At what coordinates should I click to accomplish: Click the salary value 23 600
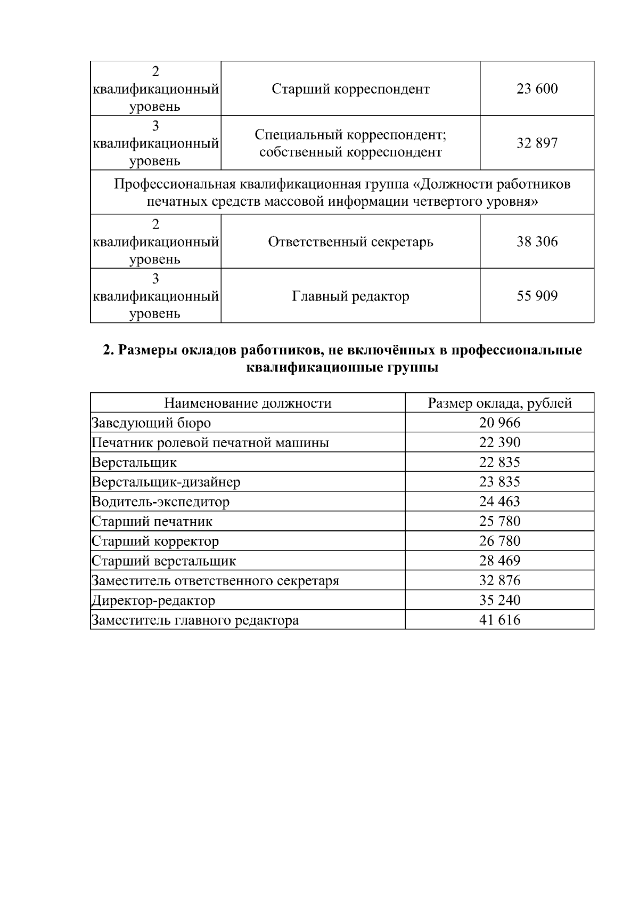click(537, 88)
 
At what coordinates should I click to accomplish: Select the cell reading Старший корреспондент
click(350, 88)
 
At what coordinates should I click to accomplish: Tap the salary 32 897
click(537, 143)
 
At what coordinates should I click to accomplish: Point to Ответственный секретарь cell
click(350, 242)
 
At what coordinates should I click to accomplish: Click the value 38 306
click(537, 242)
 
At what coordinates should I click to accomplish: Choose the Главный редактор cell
click(350, 296)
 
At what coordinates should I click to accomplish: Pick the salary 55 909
click(537, 296)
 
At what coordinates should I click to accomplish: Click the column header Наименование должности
click(248, 403)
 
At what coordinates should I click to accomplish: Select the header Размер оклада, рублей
click(499, 403)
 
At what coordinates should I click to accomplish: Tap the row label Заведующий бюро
click(151, 423)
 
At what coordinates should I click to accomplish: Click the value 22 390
click(499, 442)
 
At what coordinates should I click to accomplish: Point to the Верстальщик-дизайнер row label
click(166, 482)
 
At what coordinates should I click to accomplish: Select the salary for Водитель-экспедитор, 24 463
click(499, 502)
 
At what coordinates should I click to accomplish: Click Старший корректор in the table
click(155, 542)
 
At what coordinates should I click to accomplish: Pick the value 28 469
click(499, 561)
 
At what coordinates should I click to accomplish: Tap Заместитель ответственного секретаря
click(215, 581)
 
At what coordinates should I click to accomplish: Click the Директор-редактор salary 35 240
click(499, 600)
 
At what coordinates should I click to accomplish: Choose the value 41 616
click(499, 620)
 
